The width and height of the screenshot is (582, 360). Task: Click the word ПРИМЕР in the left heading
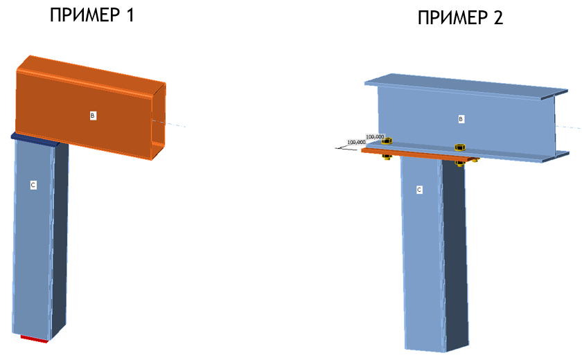(85, 15)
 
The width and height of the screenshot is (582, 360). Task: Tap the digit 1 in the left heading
(130, 15)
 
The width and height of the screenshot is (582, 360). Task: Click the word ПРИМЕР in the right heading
(453, 18)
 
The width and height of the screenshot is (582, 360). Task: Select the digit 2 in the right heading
(498, 18)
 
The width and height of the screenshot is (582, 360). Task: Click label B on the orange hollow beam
(92, 116)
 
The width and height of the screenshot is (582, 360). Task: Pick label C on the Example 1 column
(33, 185)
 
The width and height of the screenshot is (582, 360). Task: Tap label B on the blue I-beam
(461, 119)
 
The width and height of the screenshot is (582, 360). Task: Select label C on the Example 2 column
(419, 190)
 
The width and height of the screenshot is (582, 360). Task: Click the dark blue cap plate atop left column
(35, 139)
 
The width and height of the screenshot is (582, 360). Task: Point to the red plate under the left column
(34, 339)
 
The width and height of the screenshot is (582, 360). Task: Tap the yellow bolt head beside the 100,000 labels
(387, 141)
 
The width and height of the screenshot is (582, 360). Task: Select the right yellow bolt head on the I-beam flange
(460, 147)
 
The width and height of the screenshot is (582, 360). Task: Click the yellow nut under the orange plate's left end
(387, 157)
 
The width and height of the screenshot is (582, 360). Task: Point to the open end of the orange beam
(159, 121)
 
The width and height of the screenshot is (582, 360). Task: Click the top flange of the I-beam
(466, 87)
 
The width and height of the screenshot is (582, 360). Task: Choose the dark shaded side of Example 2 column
(455, 256)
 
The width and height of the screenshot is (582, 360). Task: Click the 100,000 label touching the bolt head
(375, 137)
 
